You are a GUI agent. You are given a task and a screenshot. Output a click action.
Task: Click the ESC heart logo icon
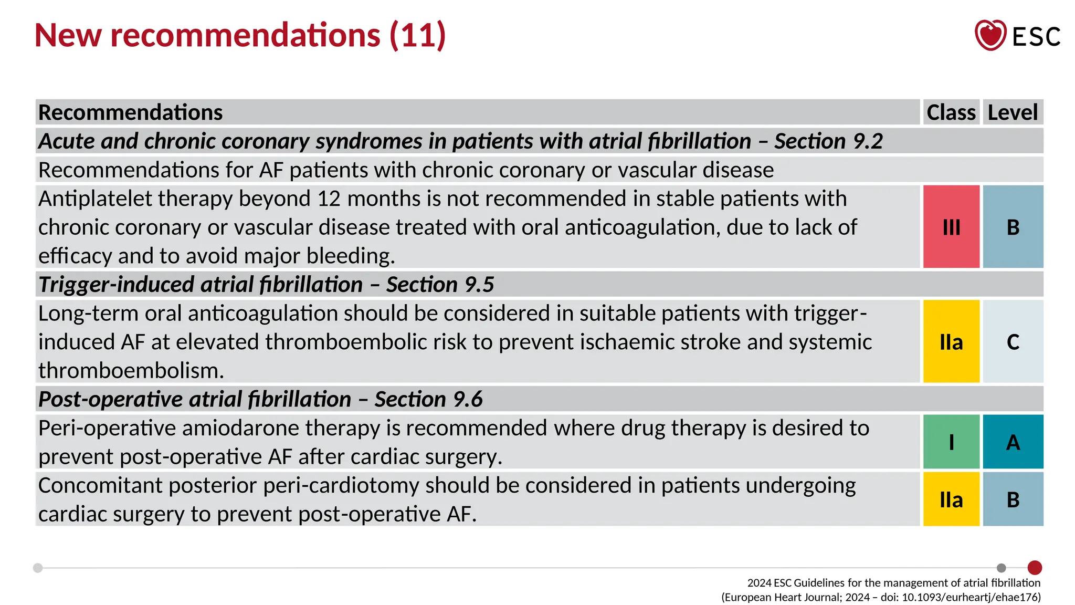point(990,35)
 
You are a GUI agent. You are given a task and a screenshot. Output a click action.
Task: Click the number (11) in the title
point(418,35)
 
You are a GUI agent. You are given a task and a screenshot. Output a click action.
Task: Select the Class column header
point(951,112)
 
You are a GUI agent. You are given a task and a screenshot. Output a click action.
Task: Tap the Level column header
point(1013,112)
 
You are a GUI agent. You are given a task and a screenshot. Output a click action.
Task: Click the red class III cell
point(951,227)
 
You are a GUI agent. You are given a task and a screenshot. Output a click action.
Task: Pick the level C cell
point(1013,342)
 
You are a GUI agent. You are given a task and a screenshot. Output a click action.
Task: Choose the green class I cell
point(951,442)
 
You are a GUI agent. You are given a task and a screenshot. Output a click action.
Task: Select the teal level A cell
point(1013,442)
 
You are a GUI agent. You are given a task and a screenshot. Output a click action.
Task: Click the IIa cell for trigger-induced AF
point(951,342)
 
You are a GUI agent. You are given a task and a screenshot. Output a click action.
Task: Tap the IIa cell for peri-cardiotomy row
point(951,499)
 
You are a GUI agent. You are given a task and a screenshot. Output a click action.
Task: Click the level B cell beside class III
point(1013,227)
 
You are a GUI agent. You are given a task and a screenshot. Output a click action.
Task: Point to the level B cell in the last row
point(1013,499)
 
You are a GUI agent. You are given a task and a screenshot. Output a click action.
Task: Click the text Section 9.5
point(440,285)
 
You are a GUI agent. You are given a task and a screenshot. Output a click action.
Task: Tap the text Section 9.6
point(428,399)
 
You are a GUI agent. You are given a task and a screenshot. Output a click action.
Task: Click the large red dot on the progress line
point(1035,568)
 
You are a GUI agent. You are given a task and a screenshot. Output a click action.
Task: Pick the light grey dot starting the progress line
point(38,568)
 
